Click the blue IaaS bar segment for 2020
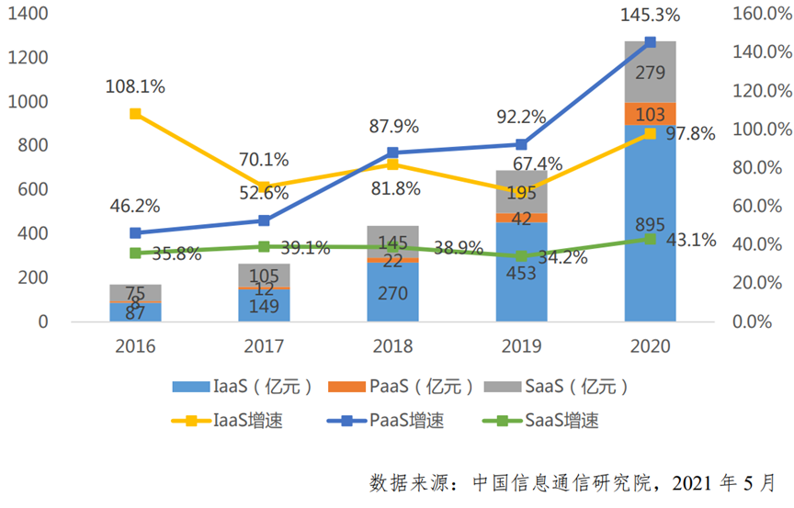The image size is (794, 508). tap(650, 276)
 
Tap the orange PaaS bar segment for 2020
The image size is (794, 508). tap(650, 114)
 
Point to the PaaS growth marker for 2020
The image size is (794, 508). tap(650, 42)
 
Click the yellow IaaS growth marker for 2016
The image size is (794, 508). tap(135, 114)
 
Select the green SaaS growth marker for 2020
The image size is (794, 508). tap(650, 239)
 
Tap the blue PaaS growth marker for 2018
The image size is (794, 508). tap(392, 152)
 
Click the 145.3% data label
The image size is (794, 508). tap(650, 16)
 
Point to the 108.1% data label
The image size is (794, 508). tap(136, 87)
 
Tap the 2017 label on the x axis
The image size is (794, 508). tap(264, 347)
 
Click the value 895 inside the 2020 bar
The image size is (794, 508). tap(650, 225)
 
